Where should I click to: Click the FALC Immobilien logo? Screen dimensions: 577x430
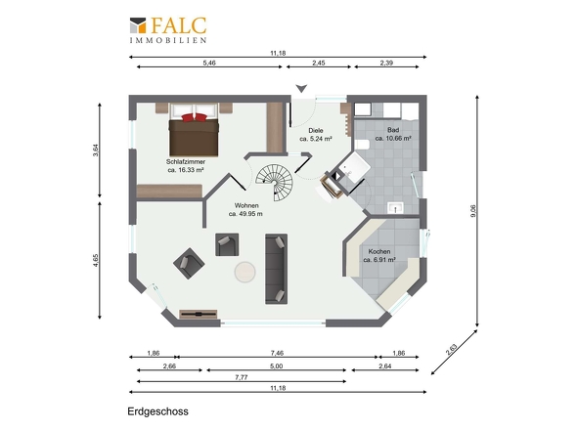click(168, 30)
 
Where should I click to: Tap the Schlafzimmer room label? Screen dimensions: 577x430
click(186, 166)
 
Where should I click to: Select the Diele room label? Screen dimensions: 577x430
click(316, 135)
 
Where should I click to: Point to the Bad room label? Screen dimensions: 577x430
click(393, 134)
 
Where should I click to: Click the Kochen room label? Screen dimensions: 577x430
click(379, 256)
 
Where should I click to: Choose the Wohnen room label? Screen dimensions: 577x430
click(246, 210)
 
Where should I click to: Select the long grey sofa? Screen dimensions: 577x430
click(277, 269)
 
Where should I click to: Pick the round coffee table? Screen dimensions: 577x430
click(245, 272)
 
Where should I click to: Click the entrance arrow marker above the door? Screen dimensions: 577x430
click(302, 89)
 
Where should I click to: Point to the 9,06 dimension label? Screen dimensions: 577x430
click(473, 211)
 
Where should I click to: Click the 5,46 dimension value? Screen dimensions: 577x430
click(209, 63)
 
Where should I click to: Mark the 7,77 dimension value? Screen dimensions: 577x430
click(242, 377)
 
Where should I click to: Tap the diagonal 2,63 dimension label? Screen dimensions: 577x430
click(451, 350)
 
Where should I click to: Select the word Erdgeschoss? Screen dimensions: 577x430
click(157, 411)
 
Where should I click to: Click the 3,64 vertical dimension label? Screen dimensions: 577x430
click(96, 150)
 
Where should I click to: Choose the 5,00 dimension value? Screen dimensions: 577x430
click(277, 366)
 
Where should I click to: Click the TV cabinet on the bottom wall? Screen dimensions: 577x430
click(199, 314)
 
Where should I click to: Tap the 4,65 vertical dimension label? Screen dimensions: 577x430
click(96, 260)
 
